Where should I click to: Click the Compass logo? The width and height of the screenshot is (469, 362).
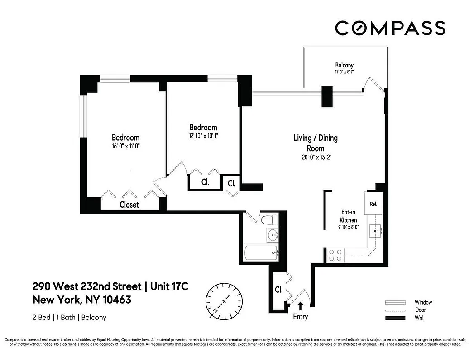390,28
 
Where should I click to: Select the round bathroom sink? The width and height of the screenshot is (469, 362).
273,235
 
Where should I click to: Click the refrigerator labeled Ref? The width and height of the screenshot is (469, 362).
373,204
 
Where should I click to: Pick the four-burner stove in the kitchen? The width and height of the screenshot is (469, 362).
335,255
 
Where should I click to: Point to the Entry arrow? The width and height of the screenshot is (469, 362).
300,306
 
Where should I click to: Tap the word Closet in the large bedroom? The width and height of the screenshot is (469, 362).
129,205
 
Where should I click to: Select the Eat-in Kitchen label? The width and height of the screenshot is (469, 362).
351,216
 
